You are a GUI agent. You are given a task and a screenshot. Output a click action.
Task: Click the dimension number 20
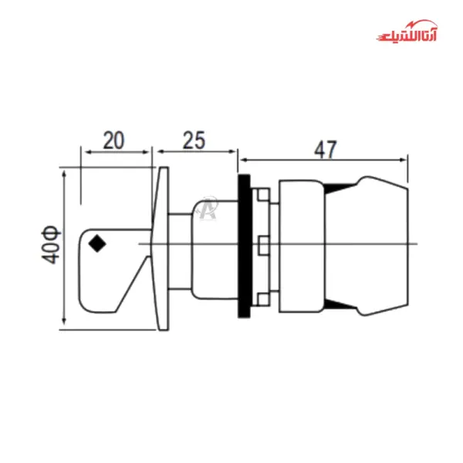[113, 140]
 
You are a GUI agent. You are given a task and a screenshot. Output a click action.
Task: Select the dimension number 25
[194, 140]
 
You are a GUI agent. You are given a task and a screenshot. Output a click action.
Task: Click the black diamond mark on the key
[97, 243]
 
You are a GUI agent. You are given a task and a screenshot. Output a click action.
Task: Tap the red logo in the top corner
[407, 35]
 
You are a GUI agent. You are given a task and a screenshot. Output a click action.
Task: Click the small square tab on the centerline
[263, 245]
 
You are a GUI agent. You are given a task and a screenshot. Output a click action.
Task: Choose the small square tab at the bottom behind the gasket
[263, 298]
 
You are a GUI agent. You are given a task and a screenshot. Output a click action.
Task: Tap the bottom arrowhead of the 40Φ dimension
[63, 326]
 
